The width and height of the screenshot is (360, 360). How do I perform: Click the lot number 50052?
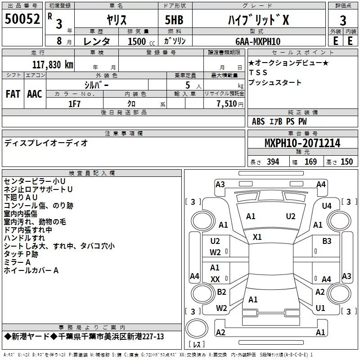coord(22,19)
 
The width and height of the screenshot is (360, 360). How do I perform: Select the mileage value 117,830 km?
coord(53,65)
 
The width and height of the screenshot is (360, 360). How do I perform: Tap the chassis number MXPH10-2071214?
coord(302,143)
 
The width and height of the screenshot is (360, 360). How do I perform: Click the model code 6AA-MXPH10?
coord(258,41)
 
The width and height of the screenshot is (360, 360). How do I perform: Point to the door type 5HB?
coord(174,20)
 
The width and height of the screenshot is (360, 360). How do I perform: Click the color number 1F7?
coord(74,104)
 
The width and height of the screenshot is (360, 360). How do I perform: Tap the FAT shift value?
coord(13,94)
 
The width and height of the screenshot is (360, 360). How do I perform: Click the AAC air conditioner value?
coord(35,94)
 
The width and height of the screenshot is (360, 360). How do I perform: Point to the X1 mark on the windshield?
coord(257,237)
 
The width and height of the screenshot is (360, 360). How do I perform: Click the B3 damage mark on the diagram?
coord(327,241)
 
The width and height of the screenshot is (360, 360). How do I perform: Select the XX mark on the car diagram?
coord(215,279)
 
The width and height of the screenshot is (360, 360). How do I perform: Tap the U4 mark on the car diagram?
coord(327,206)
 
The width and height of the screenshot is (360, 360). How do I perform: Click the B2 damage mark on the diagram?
coord(221,292)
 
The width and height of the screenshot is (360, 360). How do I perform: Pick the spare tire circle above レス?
coord(197,328)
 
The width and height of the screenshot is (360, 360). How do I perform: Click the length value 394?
coord(273,162)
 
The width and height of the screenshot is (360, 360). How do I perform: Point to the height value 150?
coord(346,162)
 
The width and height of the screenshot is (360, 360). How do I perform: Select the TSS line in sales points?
coord(258,72)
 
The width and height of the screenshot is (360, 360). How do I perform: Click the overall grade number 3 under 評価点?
coord(343,21)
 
